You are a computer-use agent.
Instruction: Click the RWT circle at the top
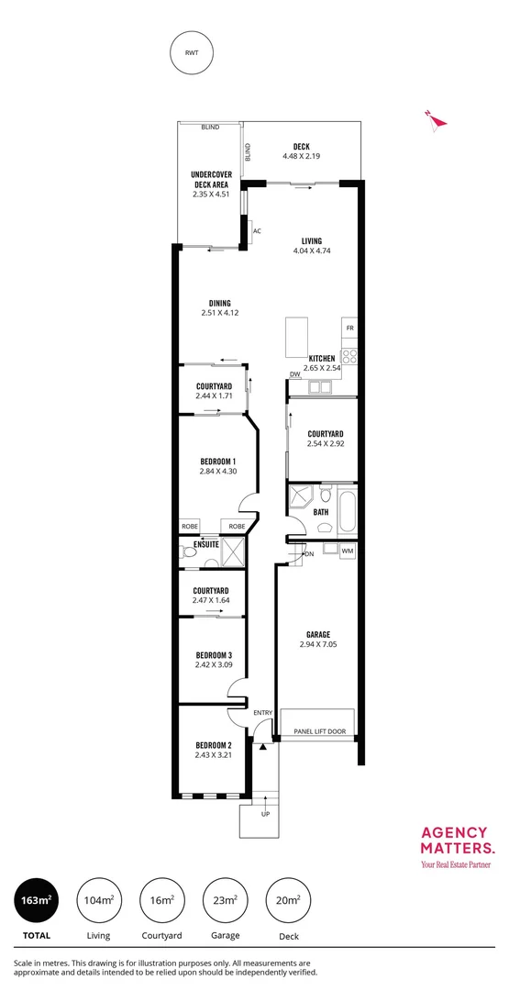[192, 53]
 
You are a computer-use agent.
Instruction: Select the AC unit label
[257, 231]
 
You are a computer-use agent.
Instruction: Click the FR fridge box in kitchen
[349, 328]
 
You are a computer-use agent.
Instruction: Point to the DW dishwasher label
[295, 374]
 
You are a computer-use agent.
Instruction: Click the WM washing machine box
[348, 551]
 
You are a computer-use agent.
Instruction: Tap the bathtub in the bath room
[347, 512]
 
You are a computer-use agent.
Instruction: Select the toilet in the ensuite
[190, 551]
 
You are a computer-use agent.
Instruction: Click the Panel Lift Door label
[319, 732]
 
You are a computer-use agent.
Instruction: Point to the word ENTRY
[263, 713]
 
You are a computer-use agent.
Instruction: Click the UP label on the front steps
[266, 814]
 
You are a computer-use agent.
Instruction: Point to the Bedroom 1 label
[218, 461]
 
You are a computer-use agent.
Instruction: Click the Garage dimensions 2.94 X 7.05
[318, 645]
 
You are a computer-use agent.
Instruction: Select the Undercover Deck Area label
[211, 179]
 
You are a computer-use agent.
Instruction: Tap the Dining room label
[219, 303]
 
